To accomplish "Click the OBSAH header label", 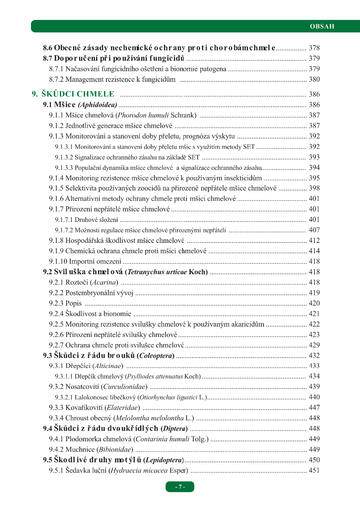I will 322,27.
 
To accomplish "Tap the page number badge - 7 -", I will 180,487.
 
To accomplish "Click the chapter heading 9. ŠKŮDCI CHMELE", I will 73,94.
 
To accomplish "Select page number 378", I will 314,48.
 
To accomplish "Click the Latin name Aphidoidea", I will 98,105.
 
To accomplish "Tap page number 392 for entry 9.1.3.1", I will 314,147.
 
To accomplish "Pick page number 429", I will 314,345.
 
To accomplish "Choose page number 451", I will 314,471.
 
